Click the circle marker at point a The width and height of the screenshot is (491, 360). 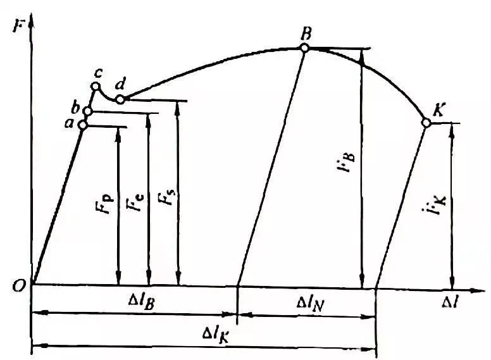click(x=83, y=125)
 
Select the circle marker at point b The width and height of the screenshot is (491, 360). click(x=88, y=111)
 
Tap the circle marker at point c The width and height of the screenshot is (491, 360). click(x=96, y=87)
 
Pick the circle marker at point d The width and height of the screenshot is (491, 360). click(x=120, y=99)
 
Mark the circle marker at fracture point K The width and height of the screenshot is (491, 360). click(x=426, y=123)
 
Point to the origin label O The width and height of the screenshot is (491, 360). click(x=18, y=286)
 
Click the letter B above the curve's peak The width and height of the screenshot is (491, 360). click(x=305, y=33)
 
